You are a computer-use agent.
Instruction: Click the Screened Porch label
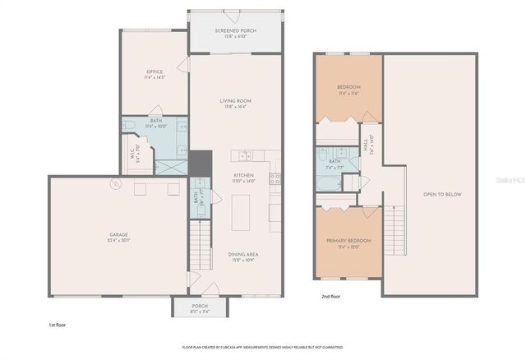236,34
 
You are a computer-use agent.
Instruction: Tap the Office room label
155,74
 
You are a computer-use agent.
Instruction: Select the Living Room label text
236,104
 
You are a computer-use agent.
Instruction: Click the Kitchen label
243,178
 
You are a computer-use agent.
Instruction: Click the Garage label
118,238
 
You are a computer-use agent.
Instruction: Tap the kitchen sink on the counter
244,155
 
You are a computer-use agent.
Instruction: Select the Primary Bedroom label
349,242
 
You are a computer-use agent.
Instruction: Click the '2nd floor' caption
330,297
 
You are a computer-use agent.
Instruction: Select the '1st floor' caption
57,325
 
